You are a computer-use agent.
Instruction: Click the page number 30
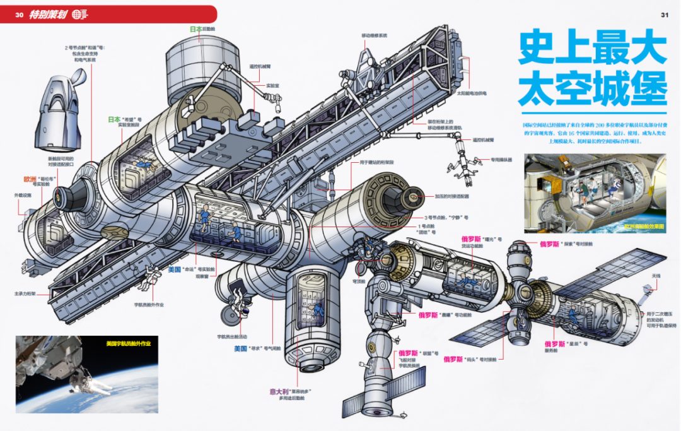pos(19,15)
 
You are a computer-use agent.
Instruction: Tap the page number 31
pos(664,15)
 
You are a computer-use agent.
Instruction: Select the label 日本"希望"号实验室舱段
pos(125,122)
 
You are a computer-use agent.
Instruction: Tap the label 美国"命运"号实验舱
pos(192,269)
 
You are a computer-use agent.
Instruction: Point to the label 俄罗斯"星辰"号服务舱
pos(566,346)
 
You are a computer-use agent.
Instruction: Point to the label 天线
pos(656,276)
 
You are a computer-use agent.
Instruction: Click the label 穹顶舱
pos(359,281)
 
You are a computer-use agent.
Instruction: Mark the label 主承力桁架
pos(25,293)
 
